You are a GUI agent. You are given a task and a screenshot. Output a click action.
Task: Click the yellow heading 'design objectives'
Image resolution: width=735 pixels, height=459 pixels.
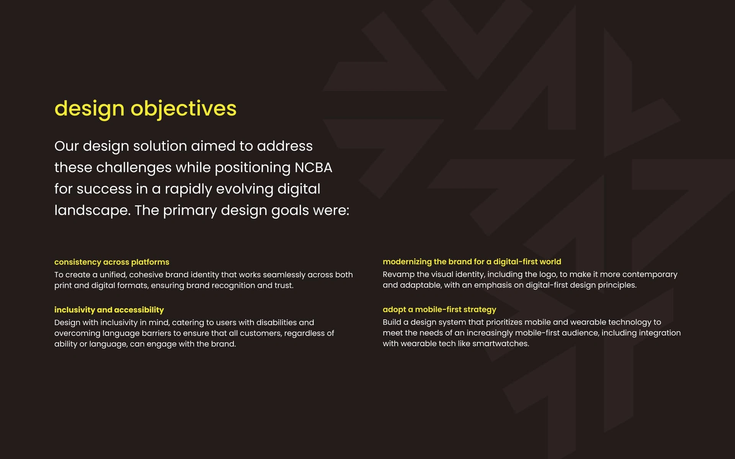click(145, 109)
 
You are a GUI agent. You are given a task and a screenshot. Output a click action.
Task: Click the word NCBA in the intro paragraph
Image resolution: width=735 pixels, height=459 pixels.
click(313, 168)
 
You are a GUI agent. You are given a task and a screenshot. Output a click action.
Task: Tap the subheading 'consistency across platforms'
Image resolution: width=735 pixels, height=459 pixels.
click(112, 262)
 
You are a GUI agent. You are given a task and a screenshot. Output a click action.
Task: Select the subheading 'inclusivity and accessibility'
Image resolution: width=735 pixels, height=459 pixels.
click(109, 310)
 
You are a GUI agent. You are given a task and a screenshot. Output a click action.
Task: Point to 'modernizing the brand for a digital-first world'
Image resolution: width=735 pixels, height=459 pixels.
click(472, 262)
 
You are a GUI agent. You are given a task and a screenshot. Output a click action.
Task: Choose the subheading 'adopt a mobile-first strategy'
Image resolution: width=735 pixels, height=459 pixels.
click(439, 309)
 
